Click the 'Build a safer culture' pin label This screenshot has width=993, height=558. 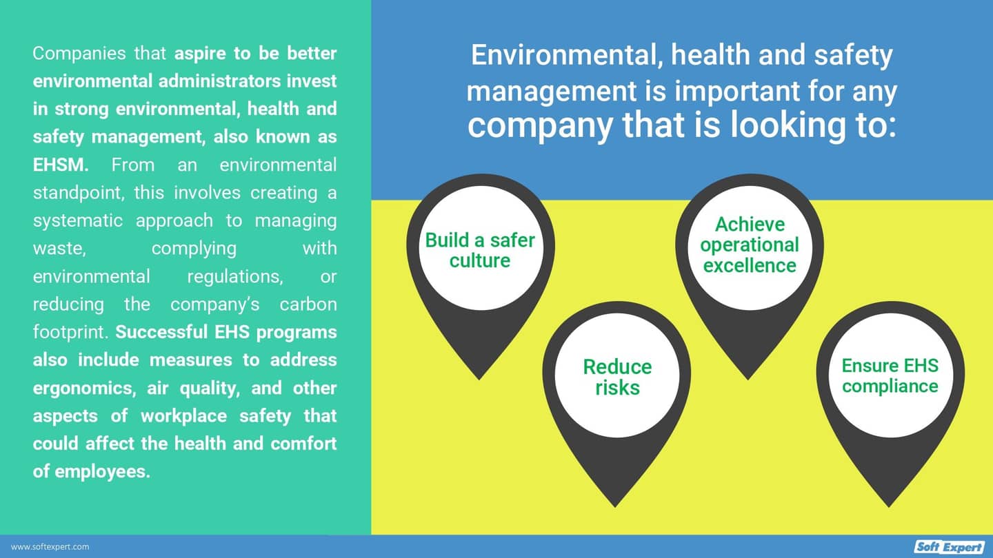(480, 250)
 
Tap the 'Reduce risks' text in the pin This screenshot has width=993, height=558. (617, 377)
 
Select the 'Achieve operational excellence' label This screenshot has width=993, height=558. (750, 245)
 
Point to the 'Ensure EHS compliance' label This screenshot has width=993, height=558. (890, 375)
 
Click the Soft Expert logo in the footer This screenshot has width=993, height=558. (950, 547)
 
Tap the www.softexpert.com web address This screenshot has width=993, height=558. (50, 547)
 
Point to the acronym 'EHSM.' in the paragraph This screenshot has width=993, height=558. (66, 165)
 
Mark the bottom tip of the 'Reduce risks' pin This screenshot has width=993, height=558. (616, 506)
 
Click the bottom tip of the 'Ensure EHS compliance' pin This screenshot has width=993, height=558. (890, 506)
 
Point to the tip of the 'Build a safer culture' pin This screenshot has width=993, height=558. (479, 379)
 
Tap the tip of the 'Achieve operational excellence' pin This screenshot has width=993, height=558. (749, 378)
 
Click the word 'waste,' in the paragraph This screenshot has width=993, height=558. (59, 248)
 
